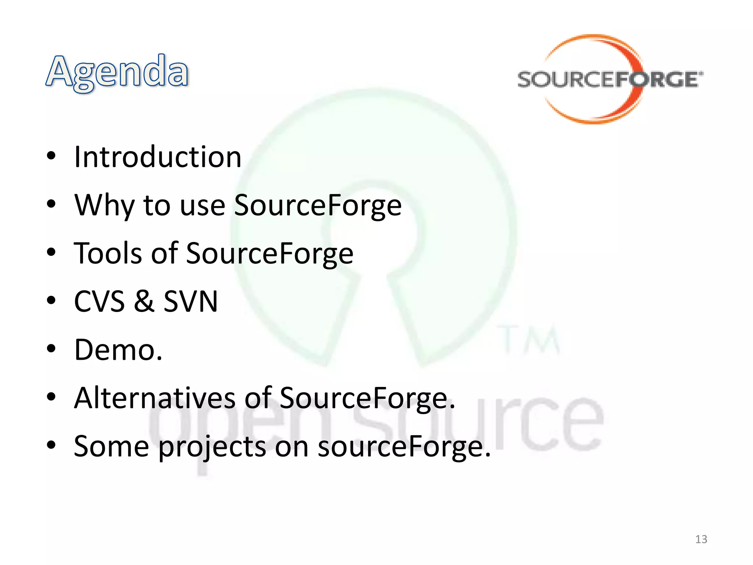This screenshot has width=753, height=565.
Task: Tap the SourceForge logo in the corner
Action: pyautogui.click(x=610, y=79)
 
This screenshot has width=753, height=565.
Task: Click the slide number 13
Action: pyautogui.click(x=701, y=539)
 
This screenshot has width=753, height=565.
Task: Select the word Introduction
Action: pyautogui.click(x=158, y=157)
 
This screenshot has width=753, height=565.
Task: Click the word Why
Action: pyautogui.click(x=104, y=205)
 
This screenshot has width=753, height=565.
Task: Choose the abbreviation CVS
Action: pyautogui.click(x=99, y=302)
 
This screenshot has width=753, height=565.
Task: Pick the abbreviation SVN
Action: pyautogui.click(x=190, y=302)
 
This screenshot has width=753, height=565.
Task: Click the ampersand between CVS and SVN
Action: pyautogui.click(x=144, y=302)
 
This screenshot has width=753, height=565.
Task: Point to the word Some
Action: pyautogui.click(x=111, y=447)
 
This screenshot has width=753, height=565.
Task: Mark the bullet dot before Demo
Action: pyautogui.click(x=51, y=348)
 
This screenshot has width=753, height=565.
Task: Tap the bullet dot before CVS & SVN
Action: pyautogui.click(x=51, y=300)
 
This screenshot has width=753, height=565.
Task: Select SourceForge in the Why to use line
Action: pyautogui.click(x=318, y=205)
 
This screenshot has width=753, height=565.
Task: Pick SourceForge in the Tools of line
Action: pyautogui.click(x=270, y=253)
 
